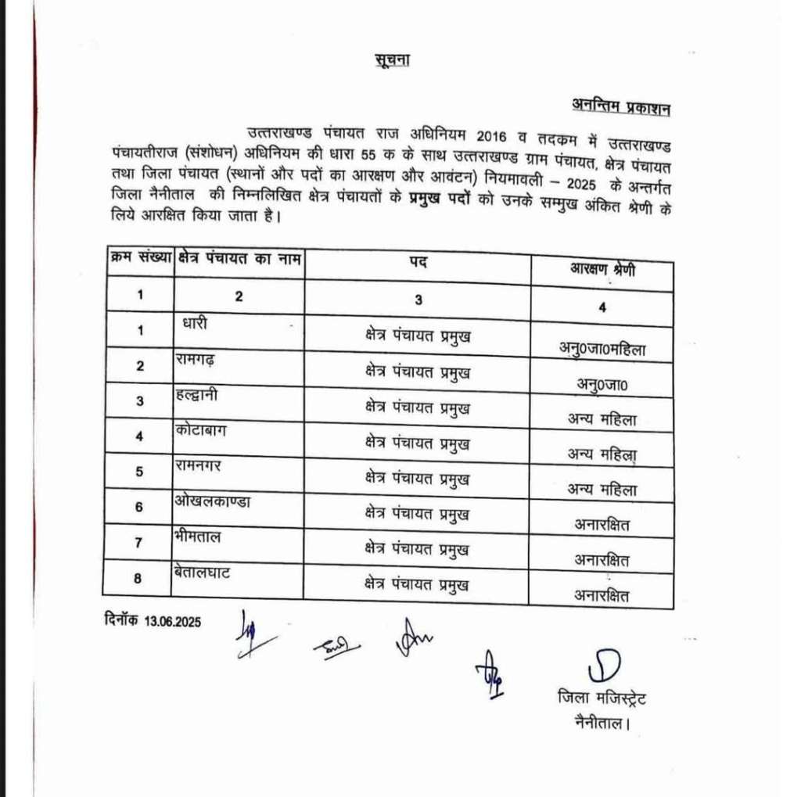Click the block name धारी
tap(195, 322)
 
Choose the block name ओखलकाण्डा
tap(213, 501)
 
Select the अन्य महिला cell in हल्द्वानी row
tap(602, 419)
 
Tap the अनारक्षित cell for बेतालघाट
tap(602, 596)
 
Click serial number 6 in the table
tap(139, 507)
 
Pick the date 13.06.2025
tap(173, 623)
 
